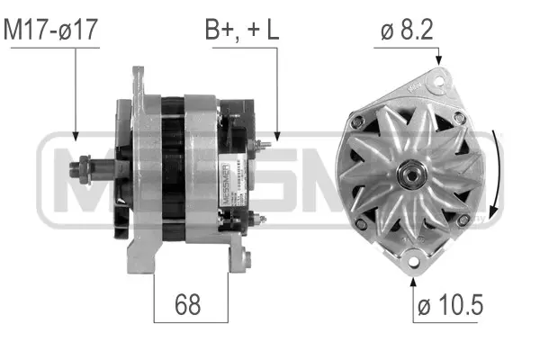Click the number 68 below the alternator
point(187,305)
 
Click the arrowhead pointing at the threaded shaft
point(76,136)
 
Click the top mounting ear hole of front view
point(439,82)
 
